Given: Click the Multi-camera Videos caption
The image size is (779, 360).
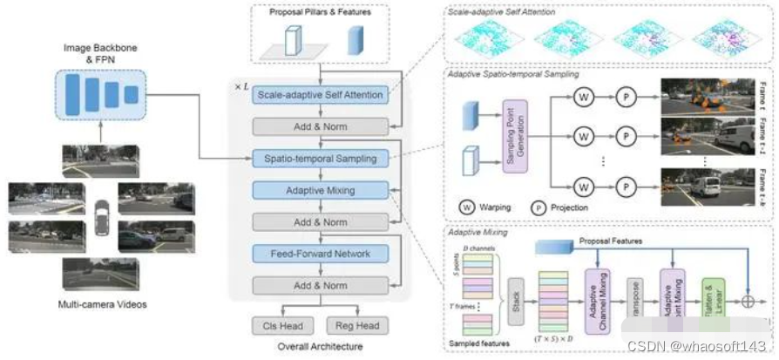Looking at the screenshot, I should click(101, 303).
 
